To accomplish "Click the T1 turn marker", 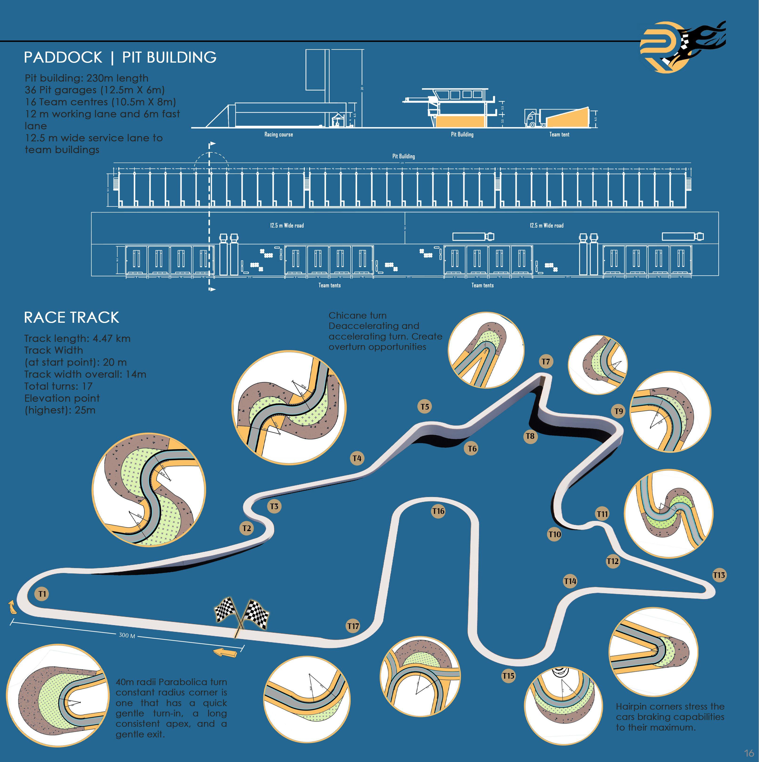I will tap(42, 594).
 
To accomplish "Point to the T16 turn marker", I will tap(438, 511).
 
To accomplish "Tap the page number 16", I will tap(749, 753).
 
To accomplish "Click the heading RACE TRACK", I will tap(71, 318).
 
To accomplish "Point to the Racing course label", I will tap(278, 134).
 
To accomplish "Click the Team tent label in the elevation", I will tap(559, 134).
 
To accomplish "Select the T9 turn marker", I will tap(619, 411).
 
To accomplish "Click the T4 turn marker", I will tap(357, 458).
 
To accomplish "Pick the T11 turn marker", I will tap(602, 514).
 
